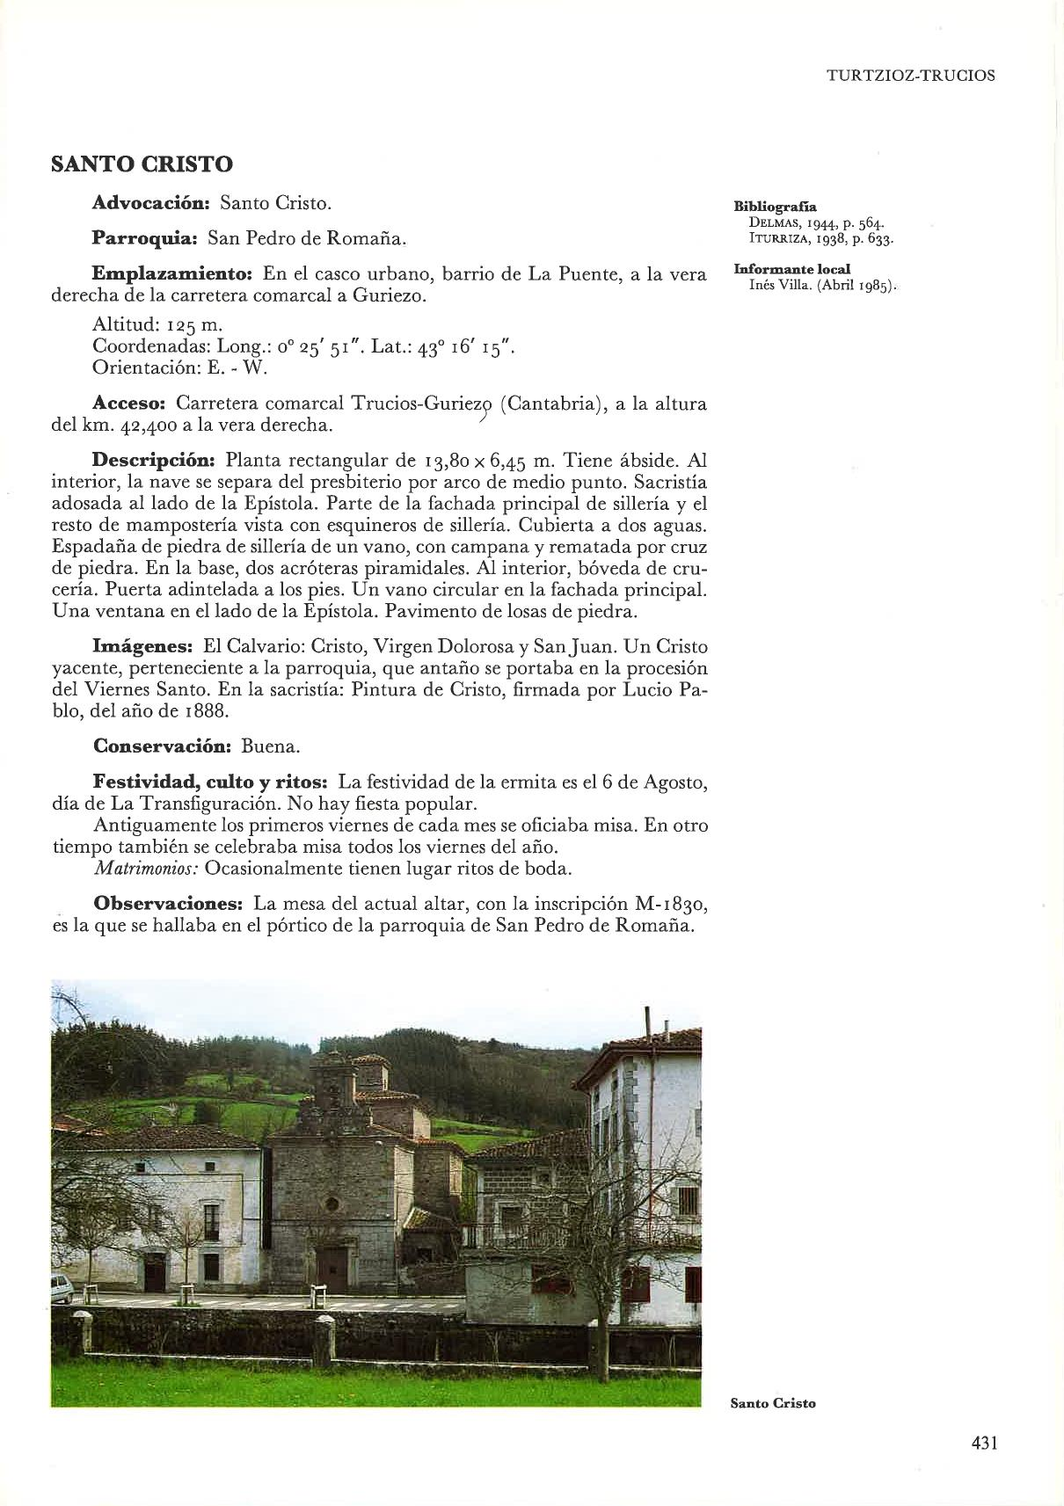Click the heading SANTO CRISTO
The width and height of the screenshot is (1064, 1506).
[x=142, y=164]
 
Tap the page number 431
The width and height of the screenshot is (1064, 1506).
[x=983, y=1444]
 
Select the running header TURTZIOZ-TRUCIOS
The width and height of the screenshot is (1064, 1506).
[x=911, y=76]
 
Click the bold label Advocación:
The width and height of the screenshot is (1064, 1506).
[x=150, y=204]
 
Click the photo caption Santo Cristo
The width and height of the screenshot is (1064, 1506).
[x=773, y=1403]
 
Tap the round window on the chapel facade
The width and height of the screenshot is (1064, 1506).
[x=332, y=1204]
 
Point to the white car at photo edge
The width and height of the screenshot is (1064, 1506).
[x=61, y=1288]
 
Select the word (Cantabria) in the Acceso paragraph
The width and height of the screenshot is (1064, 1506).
[x=550, y=404]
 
